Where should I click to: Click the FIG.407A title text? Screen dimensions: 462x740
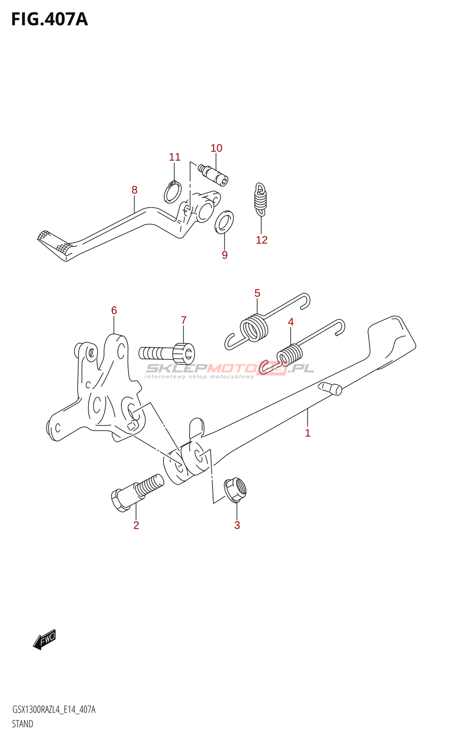[49, 19]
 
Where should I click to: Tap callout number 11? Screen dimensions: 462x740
[175, 157]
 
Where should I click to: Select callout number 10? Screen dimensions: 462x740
[216, 148]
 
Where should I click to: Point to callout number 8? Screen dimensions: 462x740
[134, 190]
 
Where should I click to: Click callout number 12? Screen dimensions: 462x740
[261, 240]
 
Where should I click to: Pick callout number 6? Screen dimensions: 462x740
[114, 310]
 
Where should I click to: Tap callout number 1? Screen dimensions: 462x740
[308, 433]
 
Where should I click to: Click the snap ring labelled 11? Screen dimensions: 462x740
[173, 191]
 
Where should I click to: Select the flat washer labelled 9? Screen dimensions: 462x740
[225, 222]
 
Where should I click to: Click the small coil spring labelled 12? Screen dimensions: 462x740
[261, 199]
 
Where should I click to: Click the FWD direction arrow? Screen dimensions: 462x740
[45, 640]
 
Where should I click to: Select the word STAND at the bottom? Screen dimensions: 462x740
[23, 724]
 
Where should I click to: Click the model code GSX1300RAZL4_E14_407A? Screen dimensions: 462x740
[54, 709]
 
